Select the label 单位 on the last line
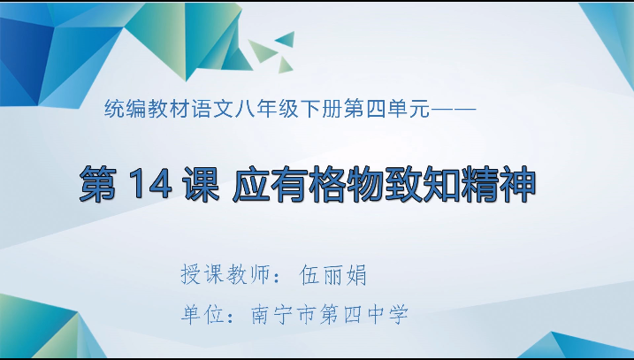[x=201, y=314]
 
